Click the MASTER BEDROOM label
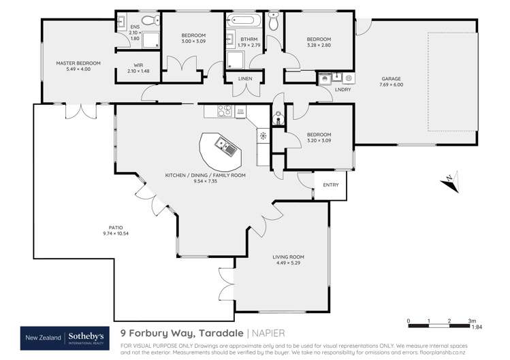[x=78, y=63]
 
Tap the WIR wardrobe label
[x=138, y=66]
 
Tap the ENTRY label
[x=330, y=184]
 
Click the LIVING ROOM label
[x=286, y=257]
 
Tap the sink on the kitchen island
[x=224, y=144]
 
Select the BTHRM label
[x=249, y=39]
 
